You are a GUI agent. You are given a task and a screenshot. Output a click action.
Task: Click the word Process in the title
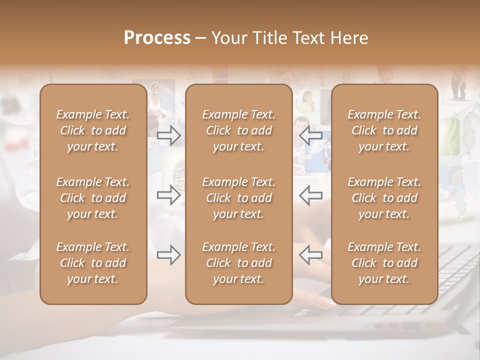pyautogui.click(x=157, y=38)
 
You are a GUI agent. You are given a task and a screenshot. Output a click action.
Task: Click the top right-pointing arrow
pyautogui.click(x=168, y=135)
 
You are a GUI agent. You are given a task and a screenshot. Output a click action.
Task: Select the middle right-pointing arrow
pyautogui.click(x=168, y=195)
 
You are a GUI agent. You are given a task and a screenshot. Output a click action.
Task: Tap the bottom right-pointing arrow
pyautogui.click(x=168, y=255)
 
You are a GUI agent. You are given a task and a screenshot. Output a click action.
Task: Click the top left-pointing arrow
pyautogui.click(x=310, y=135)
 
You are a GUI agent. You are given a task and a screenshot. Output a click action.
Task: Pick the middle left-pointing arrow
pyautogui.click(x=310, y=195)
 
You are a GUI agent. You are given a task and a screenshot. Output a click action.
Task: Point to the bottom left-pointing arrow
pyautogui.click(x=310, y=255)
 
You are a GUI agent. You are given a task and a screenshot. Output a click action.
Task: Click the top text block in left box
pyautogui.click(x=93, y=130)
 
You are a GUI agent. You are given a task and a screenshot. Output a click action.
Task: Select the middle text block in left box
pyautogui.click(x=93, y=198)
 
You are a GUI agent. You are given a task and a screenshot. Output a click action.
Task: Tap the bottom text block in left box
pyautogui.click(x=93, y=263)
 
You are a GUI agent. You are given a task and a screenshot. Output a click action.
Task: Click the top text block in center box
pyautogui.click(x=238, y=130)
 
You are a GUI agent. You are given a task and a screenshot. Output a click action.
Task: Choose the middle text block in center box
pyautogui.click(x=238, y=198)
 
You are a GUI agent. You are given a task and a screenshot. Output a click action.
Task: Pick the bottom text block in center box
pyautogui.click(x=238, y=263)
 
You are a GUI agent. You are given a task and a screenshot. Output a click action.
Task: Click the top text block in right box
pyautogui.click(x=384, y=130)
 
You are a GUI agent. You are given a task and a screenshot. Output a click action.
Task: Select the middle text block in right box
pyautogui.click(x=384, y=198)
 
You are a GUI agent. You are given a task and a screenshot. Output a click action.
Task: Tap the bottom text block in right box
pyautogui.click(x=384, y=263)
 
